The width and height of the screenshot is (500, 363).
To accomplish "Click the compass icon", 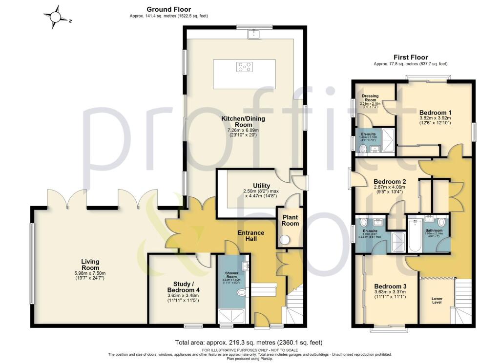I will pyautogui.click(x=57, y=17).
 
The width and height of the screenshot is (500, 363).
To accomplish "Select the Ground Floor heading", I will pyautogui.click(x=168, y=9).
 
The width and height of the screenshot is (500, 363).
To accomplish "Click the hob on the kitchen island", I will pyautogui.click(x=244, y=67).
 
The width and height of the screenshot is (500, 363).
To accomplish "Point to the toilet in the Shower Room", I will pyautogui.click(x=241, y=293).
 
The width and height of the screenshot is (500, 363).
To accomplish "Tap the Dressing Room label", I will pyautogui.click(x=370, y=98).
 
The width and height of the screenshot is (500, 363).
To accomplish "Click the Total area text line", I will pyautogui.click(x=249, y=343).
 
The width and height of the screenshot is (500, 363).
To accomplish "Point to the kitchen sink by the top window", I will pyautogui.click(x=254, y=34).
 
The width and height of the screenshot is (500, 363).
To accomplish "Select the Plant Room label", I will pyautogui.click(x=290, y=221).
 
